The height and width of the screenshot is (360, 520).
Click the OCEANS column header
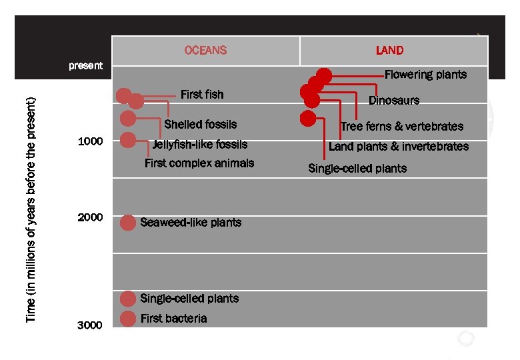[205, 50]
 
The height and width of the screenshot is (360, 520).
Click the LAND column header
[389, 50]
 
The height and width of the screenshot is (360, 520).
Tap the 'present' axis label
[86, 65]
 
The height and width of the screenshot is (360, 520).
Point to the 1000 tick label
[90, 141]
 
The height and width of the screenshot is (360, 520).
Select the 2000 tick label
[90, 217]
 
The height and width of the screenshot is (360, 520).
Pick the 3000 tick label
[90, 325]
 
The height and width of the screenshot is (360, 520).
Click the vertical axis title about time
[31, 210]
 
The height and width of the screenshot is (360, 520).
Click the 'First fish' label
[202, 94]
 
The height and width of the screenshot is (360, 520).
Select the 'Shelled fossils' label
[200, 124]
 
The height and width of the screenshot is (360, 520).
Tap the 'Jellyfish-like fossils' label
[199, 144]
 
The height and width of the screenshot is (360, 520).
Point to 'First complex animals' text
[199, 163]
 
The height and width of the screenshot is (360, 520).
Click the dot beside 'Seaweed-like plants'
[128, 223]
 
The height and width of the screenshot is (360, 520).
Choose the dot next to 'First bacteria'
[128, 319]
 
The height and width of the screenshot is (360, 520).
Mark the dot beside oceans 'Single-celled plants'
[128, 299]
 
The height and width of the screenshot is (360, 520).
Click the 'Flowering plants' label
[425, 74]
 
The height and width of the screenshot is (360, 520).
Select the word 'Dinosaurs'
[394, 100]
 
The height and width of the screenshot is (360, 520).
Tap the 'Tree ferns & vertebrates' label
[401, 126]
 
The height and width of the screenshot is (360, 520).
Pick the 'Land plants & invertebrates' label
[399, 147]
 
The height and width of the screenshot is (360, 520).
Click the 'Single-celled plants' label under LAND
[357, 168]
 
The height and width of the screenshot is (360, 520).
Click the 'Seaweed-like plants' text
[191, 223]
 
